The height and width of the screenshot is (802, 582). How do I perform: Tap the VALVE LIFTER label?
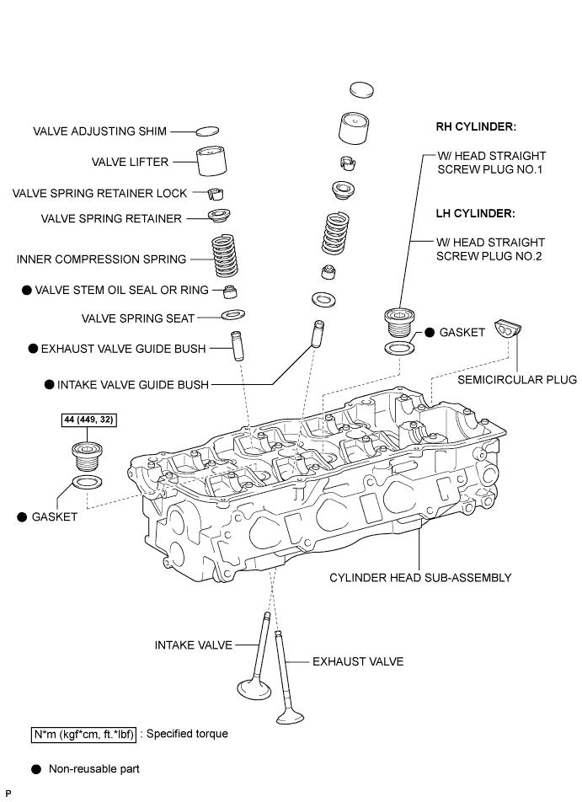click(x=130, y=162)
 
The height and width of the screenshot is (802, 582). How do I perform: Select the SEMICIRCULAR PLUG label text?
click(x=517, y=379)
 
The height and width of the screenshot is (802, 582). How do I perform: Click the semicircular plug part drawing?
click(x=507, y=329)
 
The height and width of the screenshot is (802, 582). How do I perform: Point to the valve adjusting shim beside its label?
click(x=208, y=131)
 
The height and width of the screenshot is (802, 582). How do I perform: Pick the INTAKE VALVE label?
click(x=194, y=645)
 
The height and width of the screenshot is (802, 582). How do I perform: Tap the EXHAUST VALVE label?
click(x=358, y=662)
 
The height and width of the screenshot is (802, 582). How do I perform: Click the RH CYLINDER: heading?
click(x=476, y=127)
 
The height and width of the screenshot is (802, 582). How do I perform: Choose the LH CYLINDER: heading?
click(x=476, y=213)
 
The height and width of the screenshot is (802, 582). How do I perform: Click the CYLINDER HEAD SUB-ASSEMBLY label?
click(x=420, y=578)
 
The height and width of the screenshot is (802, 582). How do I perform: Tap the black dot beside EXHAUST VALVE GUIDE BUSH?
click(x=33, y=349)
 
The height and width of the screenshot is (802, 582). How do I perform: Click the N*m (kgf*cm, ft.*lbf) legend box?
click(x=84, y=735)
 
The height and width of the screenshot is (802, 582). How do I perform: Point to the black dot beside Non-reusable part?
click(x=36, y=769)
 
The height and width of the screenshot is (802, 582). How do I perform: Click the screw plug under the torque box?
click(x=87, y=457)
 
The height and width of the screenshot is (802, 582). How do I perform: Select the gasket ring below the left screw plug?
click(x=87, y=482)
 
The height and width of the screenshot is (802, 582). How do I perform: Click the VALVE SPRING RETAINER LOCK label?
click(x=99, y=194)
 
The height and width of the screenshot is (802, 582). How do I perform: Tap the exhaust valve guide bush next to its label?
click(x=237, y=345)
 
